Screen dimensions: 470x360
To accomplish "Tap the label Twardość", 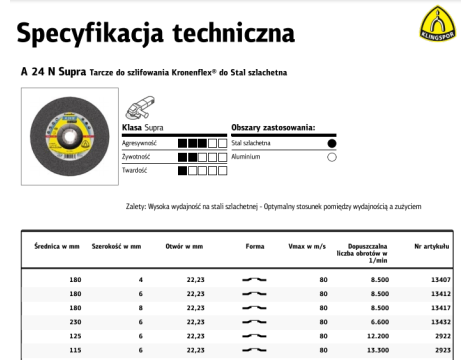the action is pos(135,170).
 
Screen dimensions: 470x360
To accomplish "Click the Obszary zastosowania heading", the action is pos(273,129).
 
